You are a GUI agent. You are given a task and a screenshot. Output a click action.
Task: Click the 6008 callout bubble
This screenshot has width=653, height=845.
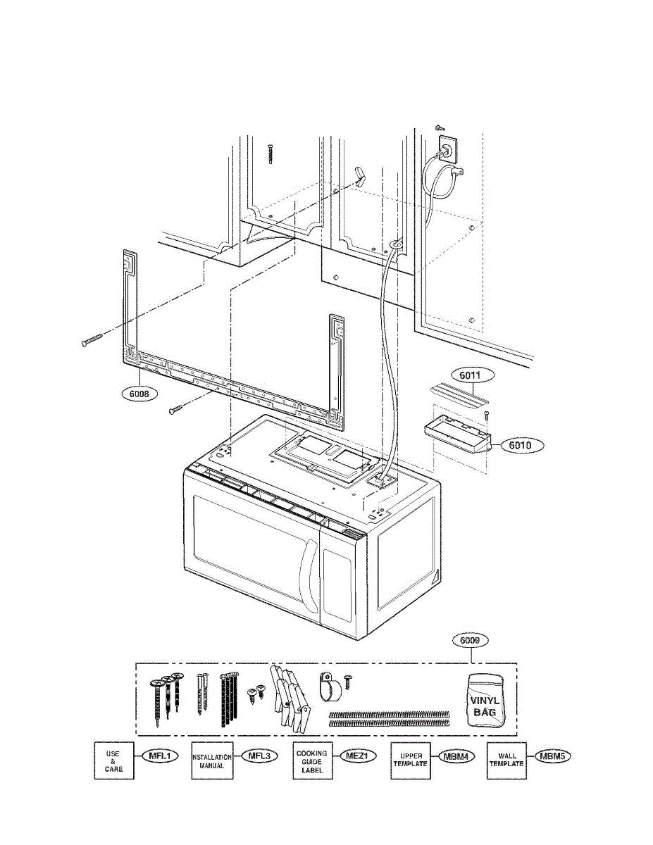coord(139,394)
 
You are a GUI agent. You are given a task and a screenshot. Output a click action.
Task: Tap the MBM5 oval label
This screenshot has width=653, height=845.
coord(551,757)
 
